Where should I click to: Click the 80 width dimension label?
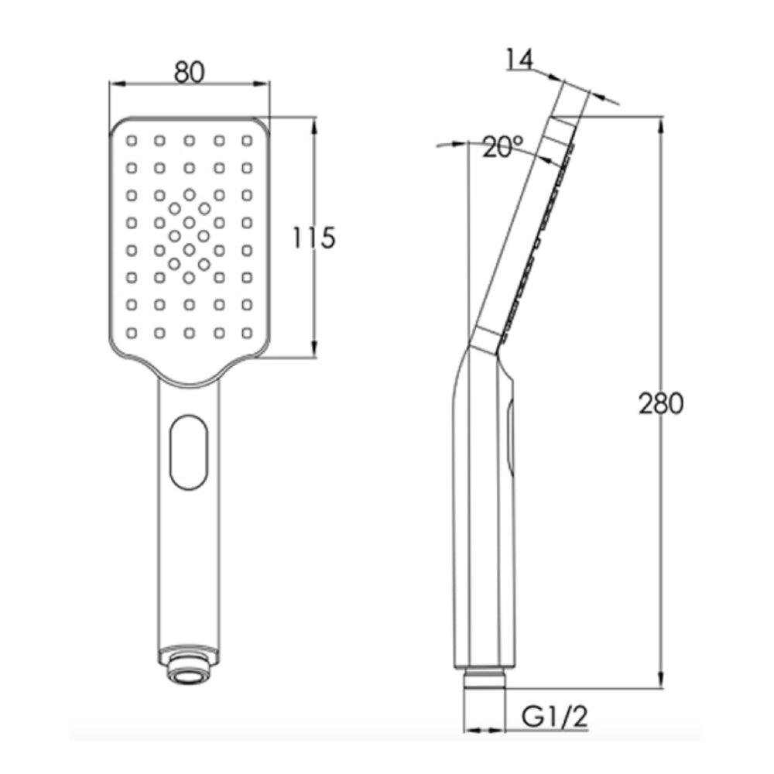[188, 72]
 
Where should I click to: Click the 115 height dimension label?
[313, 238]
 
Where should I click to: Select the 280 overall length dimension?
[662, 403]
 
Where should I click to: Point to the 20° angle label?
[502, 147]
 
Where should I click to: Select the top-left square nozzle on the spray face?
[130, 141]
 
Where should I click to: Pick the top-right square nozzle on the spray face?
[247, 141]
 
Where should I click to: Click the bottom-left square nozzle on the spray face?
[130, 333]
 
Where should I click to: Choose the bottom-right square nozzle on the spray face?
[247, 333]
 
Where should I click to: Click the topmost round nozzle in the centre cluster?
[189, 194]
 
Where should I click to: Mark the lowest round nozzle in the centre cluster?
[189, 277]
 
